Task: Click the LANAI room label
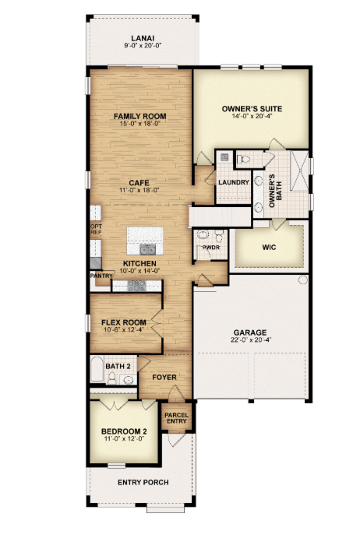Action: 143,38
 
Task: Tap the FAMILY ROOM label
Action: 139,116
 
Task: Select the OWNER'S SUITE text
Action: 252,109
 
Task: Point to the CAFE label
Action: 139,183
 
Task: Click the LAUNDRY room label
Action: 234,182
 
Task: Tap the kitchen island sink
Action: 148,250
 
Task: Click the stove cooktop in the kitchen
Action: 137,286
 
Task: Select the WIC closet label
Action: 269,247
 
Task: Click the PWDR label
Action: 211,247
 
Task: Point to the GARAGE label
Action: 250,332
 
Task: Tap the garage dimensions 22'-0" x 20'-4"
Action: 251,339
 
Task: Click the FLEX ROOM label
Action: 124,322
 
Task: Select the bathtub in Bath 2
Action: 97,369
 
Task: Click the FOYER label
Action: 164,377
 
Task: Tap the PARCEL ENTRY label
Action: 177,418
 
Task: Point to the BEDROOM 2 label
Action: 124,431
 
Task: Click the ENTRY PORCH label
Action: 143,483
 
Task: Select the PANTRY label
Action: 101,276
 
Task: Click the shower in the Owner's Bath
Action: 299,171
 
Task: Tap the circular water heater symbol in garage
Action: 302,279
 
